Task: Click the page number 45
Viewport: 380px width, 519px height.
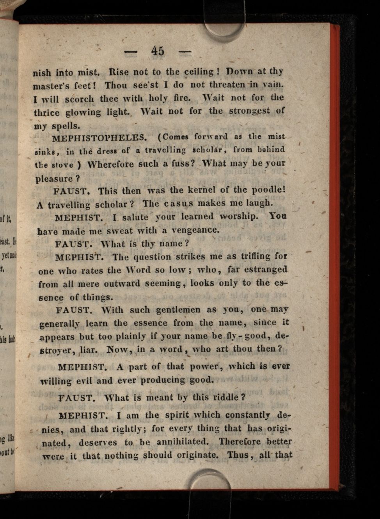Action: click(158, 51)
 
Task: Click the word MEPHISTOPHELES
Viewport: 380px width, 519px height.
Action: click(99, 138)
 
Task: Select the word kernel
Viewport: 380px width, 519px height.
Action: click(202, 190)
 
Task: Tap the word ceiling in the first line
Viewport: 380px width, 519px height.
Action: click(199, 72)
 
